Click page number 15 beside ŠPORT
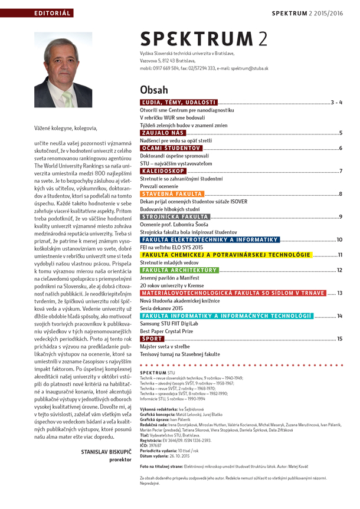coord(339,339)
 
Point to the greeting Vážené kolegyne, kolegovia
coord(65,127)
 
